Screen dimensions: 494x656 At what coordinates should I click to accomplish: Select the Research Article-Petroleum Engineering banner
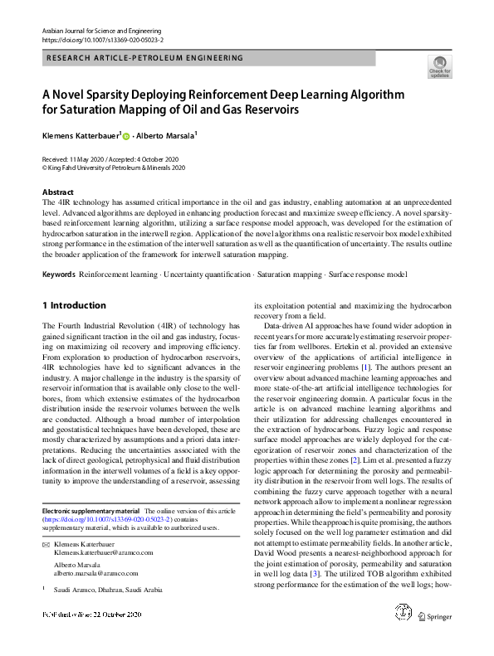tap(146, 59)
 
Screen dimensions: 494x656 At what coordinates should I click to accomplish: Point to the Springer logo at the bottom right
tap(439, 639)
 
